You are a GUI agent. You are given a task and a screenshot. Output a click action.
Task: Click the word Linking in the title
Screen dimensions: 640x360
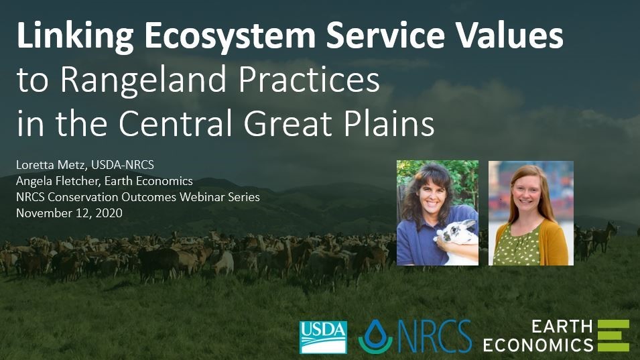(75, 36)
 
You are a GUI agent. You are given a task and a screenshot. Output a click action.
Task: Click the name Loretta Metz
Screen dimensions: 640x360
(51, 165)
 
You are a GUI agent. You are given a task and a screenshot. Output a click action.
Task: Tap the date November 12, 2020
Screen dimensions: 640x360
(70, 213)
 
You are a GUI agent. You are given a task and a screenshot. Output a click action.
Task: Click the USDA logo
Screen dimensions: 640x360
(323, 337)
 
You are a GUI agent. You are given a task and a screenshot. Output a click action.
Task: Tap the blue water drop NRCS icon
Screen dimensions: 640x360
(375, 336)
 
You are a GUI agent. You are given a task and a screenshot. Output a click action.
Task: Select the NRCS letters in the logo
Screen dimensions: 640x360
(434, 337)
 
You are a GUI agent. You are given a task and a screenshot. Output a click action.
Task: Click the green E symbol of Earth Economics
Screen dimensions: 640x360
(613, 335)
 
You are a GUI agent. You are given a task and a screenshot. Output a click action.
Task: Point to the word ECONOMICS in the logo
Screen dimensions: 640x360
(538, 345)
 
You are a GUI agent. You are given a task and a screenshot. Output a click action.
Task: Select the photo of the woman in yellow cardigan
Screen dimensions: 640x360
(531, 213)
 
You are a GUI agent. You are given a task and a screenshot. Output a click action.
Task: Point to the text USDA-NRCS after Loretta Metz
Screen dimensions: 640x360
(123, 165)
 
